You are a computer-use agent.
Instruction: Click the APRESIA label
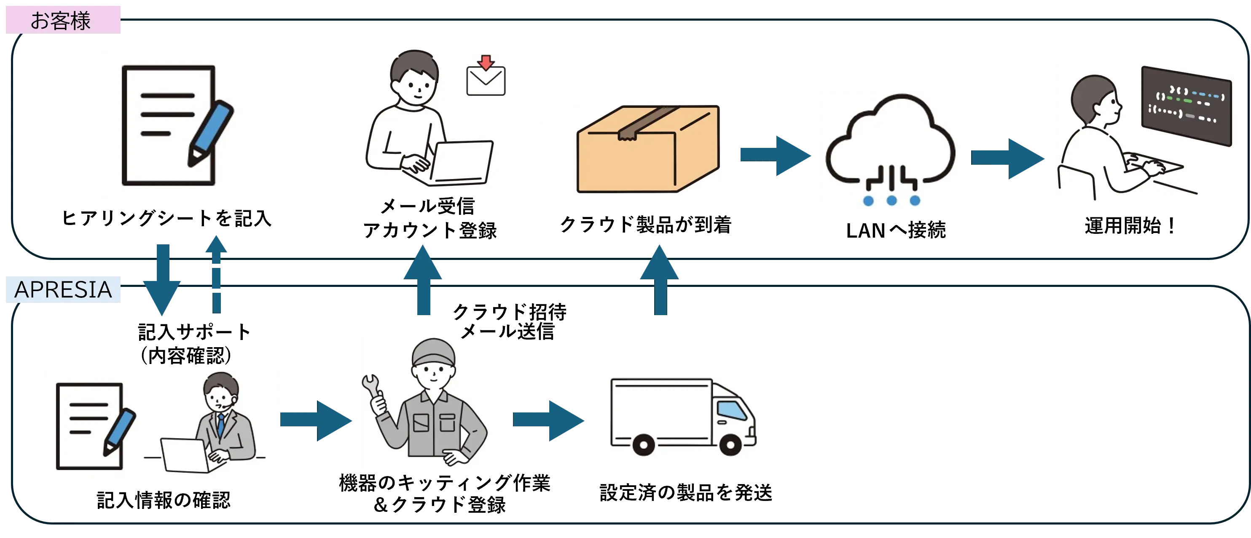[63, 289]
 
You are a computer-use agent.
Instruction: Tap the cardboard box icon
[648, 150]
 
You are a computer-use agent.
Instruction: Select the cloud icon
[890, 146]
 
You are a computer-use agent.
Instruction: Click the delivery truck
[684, 417]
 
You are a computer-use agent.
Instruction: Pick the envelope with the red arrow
[486, 78]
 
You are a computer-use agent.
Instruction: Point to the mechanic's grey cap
[433, 353]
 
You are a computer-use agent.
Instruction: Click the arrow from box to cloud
[775, 155]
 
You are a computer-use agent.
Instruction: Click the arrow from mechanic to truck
[549, 420]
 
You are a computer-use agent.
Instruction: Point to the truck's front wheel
[730, 444]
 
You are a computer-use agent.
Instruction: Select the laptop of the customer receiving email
[462, 163]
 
